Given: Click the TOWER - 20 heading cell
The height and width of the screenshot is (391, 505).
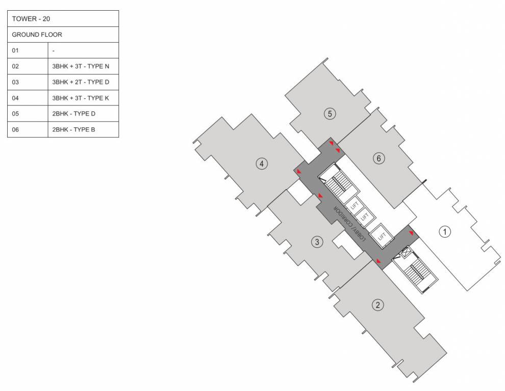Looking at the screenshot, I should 63,19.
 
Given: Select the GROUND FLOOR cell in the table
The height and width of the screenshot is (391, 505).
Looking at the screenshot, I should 63,35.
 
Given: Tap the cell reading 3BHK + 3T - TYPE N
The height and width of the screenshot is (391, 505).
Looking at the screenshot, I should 83,66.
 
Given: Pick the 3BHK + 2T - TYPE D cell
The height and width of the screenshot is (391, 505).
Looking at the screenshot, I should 83,82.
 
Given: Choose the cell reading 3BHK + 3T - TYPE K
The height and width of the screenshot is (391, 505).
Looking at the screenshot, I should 83,98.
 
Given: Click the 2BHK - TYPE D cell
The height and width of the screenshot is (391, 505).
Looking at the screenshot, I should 83,114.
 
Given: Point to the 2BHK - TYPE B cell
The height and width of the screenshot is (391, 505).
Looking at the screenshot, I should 83,129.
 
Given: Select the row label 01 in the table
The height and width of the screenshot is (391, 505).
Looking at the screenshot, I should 28,50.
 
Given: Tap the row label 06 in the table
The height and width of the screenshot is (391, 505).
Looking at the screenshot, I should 28,129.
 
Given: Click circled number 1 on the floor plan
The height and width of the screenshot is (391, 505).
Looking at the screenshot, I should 445,232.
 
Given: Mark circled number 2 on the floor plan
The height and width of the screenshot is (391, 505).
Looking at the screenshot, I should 377,305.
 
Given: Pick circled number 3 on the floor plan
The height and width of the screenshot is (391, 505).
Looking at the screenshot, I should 317,242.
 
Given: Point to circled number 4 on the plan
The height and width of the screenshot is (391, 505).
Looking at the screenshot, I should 262,163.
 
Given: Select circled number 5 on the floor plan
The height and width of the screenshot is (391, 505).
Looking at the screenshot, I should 330,114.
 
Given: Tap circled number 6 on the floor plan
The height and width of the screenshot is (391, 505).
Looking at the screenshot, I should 378,158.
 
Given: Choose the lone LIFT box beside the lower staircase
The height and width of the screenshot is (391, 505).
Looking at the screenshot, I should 381,236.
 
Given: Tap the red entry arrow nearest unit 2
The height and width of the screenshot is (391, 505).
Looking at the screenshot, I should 378,261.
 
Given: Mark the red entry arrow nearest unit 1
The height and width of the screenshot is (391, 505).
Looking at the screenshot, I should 411,233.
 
